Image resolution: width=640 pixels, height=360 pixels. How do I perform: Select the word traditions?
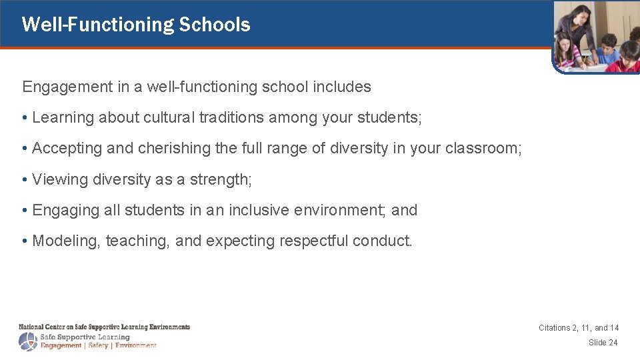(223, 118)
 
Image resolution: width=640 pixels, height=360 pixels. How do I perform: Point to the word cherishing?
(174, 149)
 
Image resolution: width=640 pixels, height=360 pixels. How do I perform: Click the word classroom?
(483, 149)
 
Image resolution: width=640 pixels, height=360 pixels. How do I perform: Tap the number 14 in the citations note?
(613, 328)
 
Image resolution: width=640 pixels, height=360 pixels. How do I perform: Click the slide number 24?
(613, 343)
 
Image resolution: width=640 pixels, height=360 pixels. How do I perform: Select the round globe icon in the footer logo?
(29, 341)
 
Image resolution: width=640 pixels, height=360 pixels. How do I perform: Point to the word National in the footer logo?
(31, 327)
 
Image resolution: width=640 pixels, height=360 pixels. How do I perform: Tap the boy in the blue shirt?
(607, 50)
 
